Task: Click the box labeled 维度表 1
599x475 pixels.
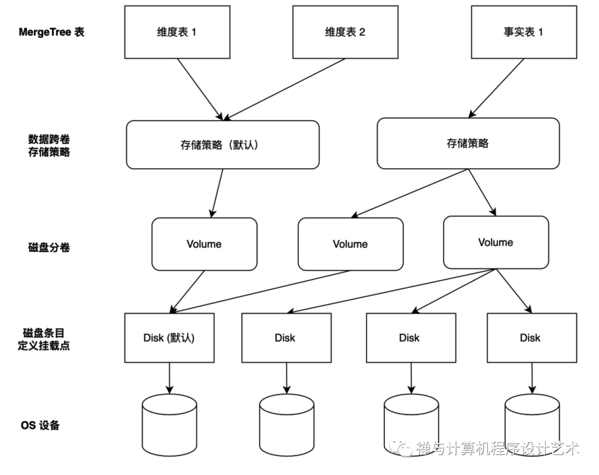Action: pos(177,32)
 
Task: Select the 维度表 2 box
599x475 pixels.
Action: pos(345,32)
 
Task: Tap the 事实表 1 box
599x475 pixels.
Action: pos(523,32)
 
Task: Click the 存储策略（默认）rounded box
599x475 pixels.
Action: pos(222,145)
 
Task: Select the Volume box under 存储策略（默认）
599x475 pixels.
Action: pos(204,244)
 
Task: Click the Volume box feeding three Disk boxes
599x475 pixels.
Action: pos(496,242)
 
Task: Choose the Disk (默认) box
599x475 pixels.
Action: pos(169,338)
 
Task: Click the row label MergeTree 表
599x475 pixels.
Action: pos(50,32)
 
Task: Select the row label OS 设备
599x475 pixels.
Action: pos(40,426)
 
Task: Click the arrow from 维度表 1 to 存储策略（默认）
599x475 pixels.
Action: pos(200,89)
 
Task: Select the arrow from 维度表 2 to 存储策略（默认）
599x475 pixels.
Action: pos(286,89)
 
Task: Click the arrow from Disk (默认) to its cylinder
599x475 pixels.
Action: pos(169,377)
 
